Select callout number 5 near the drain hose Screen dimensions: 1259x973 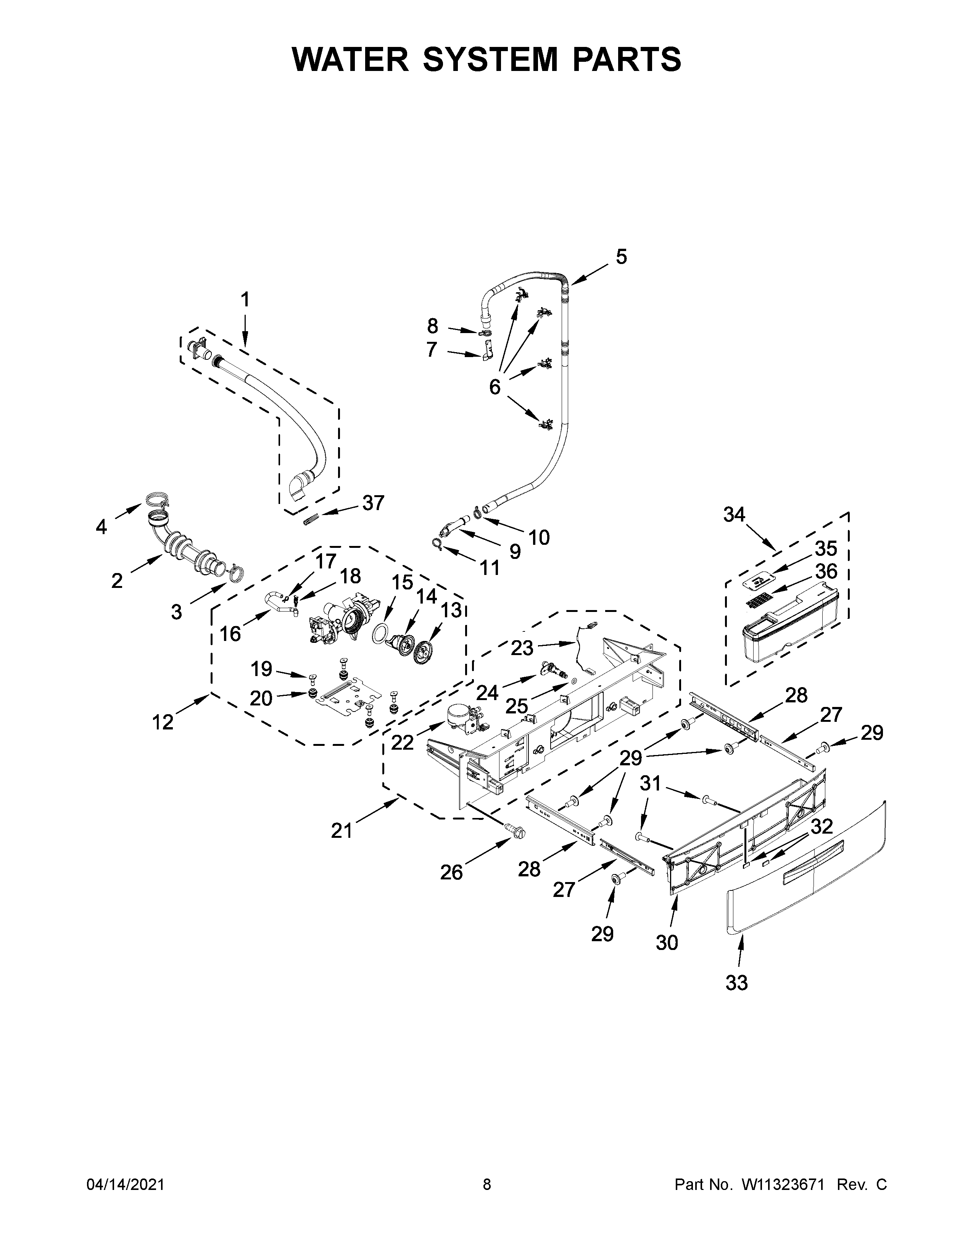(x=621, y=256)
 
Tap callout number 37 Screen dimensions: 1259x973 (x=373, y=503)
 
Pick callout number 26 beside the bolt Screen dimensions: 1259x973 (x=451, y=872)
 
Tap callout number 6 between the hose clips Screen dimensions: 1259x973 (x=495, y=387)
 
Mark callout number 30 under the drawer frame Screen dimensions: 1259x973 (x=667, y=942)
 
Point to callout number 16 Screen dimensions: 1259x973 (x=230, y=634)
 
